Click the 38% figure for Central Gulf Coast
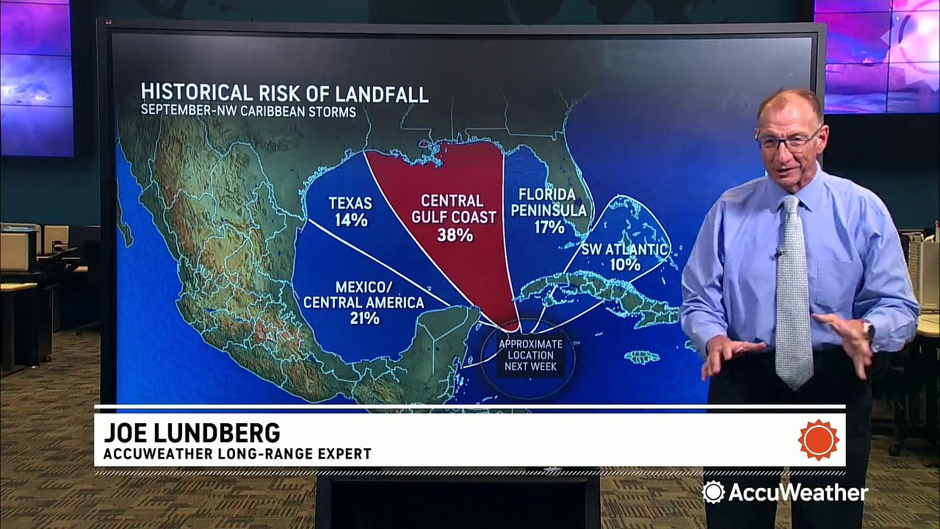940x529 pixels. [x=452, y=236]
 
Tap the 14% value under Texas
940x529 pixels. [x=350, y=220]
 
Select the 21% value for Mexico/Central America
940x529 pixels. [x=364, y=319]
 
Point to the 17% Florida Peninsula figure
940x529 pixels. [x=549, y=228]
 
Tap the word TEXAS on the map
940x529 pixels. [x=350, y=203]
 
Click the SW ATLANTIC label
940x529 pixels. [x=624, y=249]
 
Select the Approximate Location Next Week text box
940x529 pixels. [x=530, y=355]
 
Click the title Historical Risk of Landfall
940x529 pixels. [x=285, y=93]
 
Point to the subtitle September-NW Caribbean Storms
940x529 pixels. [x=249, y=112]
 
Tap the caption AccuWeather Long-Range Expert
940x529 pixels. [x=237, y=454]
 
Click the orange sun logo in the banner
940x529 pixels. [x=818, y=440]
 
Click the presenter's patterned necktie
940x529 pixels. [x=793, y=294]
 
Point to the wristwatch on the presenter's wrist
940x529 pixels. [x=869, y=330]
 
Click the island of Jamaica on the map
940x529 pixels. [x=641, y=357]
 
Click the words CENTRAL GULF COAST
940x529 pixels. [x=452, y=209]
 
